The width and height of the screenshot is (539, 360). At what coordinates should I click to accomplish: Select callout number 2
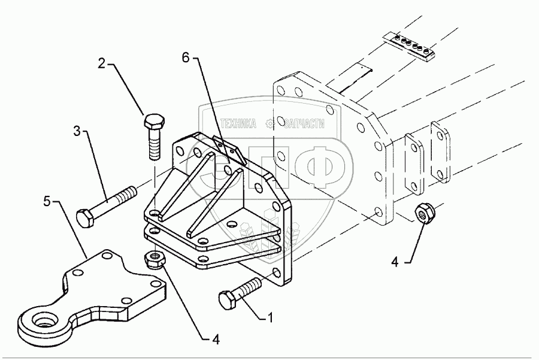point(102,63)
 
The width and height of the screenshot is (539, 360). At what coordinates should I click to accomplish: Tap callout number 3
point(77,130)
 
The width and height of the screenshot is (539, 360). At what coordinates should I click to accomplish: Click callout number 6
point(185,58)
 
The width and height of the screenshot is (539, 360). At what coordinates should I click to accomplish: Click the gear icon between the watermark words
point(271,123)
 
